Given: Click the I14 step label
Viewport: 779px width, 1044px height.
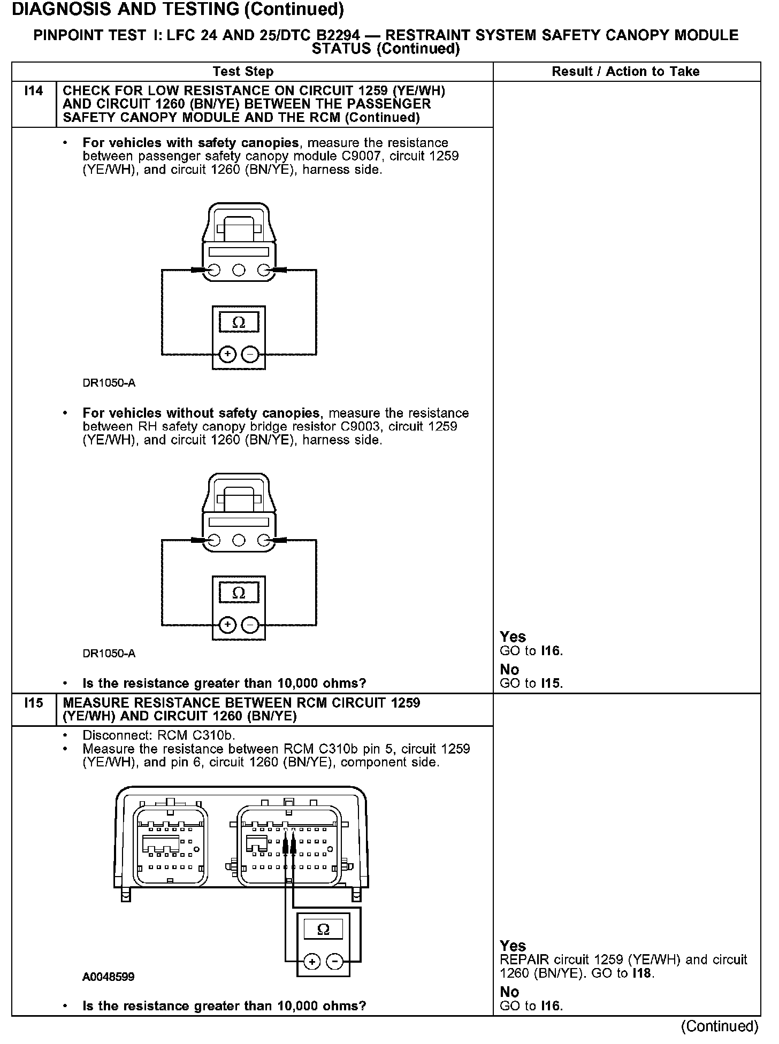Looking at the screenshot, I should click(33, 91).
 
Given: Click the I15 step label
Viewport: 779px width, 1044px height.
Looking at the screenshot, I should click(33, 703).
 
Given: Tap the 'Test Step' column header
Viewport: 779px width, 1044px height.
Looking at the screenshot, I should click(243, 72).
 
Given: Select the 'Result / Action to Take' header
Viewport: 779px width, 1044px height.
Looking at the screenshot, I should click(625, 72).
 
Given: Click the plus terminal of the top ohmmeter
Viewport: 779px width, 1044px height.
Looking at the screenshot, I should click(227, 354).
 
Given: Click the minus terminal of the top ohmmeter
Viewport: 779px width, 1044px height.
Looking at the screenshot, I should click(250, 354).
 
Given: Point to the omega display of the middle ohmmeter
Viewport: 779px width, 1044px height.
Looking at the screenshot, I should click(239, 593).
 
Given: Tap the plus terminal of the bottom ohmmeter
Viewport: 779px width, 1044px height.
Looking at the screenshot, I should click(312, 962).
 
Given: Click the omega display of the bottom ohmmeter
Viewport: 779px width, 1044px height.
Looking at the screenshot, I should click(323, 930).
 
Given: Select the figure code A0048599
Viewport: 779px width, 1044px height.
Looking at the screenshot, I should click(108, 977).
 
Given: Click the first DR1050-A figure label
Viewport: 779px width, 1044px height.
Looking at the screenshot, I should click(109, 383).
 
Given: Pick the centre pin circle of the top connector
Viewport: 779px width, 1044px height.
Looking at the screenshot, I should click(239, 270).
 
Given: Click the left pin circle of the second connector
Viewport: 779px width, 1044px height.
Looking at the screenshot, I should click(214, 541).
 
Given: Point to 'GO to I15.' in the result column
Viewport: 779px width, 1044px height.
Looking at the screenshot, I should click(531, 683).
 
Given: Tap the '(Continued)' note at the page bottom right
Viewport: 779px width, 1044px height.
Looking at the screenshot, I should click(720, 1026).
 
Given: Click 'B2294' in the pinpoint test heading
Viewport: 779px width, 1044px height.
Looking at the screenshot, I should click(338, 36).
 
